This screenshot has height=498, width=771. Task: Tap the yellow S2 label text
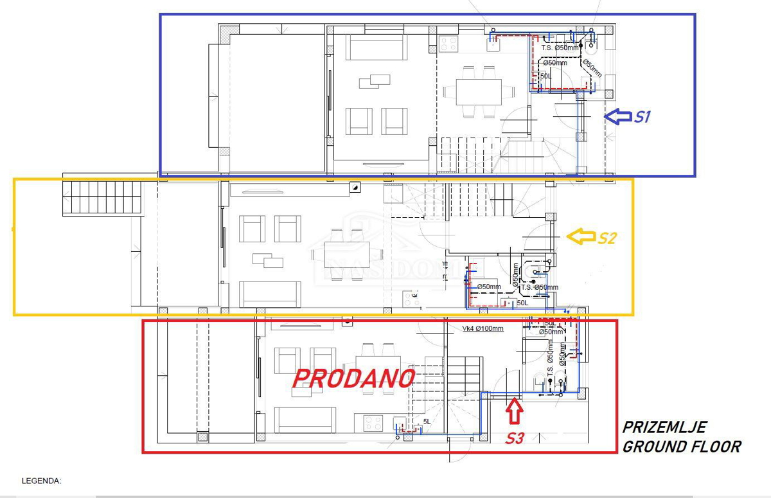[607, 238]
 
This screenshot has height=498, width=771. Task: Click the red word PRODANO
[353, 378]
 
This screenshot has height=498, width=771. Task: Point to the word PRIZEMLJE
[664, 427]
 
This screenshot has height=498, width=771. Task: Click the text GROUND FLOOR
[681, 446]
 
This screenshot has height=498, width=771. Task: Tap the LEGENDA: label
[42, 480]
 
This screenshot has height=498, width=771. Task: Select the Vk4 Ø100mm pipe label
[483, 328]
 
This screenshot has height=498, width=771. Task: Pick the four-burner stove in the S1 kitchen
[448, 44]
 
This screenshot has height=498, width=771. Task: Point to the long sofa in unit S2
[270, 294]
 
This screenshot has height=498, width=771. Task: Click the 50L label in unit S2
[522, 303]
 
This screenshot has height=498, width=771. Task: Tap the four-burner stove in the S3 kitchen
[373, 423]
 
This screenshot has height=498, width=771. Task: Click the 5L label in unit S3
[427, 422]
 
